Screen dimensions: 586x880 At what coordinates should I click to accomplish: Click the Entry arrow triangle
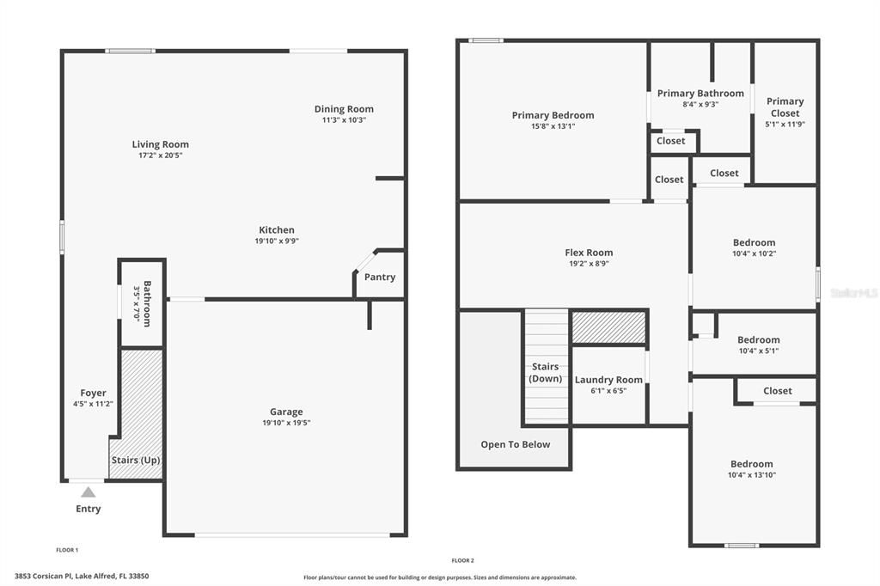pyautogui.click(x=89, y=492)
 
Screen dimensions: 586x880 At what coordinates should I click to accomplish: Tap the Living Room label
pyautogui.click(x=161, y=144)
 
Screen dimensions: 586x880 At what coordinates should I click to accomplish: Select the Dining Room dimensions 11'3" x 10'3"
pyautogui.click(x=344, y=120)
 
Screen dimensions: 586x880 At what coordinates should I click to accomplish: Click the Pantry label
pyautogui.click(x=380, y=277)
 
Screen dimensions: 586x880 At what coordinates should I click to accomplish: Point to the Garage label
pyautogui.click(x=286, y=412)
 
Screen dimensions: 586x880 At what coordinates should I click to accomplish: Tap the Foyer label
pyautogui.click(x=94, y=393)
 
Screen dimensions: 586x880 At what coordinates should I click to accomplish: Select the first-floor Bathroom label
pyautogui.click(x=148, y=303)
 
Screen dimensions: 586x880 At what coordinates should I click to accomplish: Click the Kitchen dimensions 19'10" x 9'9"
pyautogui.click(x=277, y=241)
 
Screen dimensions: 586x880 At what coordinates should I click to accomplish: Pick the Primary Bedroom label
pyautogui.click(x=553, y=115)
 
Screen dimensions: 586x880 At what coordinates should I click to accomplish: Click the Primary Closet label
pyautogui.click(x=785, y=107)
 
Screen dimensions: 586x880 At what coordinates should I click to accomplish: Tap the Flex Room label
pyautogui.click(x=589, y=253)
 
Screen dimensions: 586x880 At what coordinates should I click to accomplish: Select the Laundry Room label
pyautogui.click(x=608, y=380)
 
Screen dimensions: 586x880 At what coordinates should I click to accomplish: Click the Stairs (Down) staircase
pyautogui.click(x=547, y=365)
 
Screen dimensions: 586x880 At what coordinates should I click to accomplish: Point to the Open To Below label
pyautogui.click(x=516, y=444)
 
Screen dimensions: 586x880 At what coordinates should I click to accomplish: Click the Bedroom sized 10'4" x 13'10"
pyautogui.click(x=752, y=464)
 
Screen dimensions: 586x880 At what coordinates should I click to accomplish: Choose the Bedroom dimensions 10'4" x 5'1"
pyautogui.click(x=759, y=351)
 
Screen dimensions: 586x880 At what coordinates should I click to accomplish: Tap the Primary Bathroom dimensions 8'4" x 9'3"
pyautogui.click(x=700, y=104)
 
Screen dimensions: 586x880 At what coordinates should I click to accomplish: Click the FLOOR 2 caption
pyautogui.click(x=463, y=560)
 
